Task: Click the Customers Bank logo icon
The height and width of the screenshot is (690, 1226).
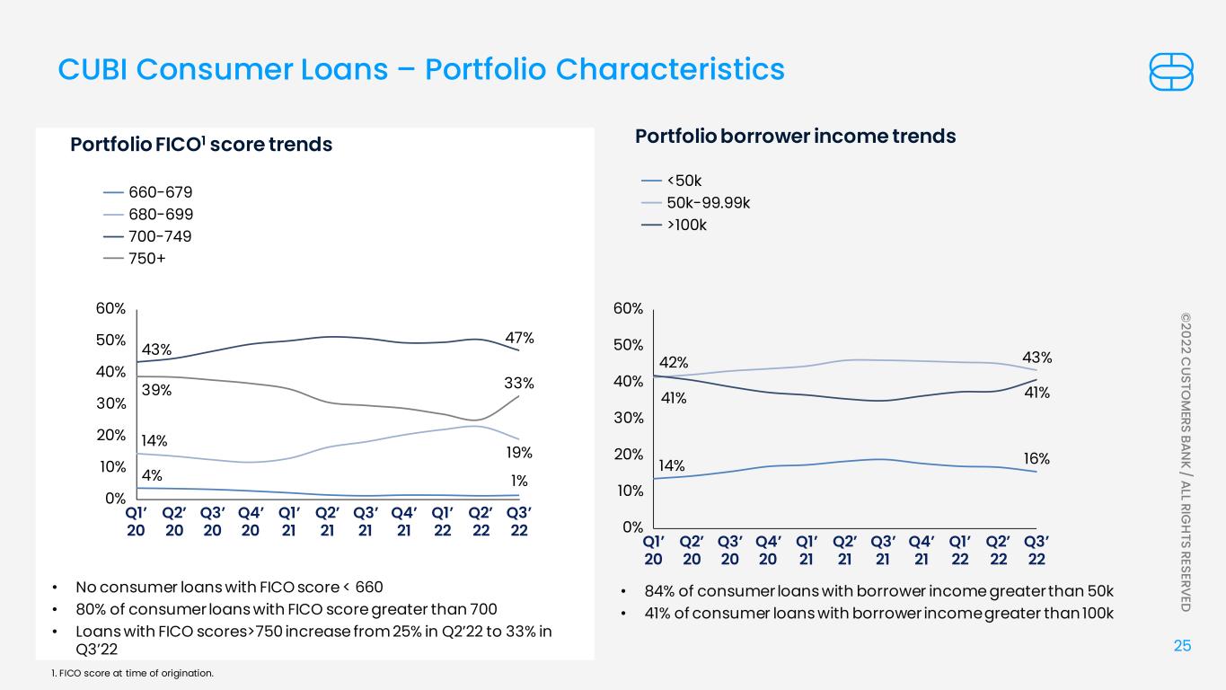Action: [1170, 72]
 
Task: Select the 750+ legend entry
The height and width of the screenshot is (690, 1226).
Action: [135, 259]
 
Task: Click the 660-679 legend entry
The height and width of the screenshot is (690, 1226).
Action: [148, 192]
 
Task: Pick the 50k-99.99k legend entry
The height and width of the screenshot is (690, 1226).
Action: [695, 203]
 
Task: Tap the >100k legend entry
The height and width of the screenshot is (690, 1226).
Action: [674, 226]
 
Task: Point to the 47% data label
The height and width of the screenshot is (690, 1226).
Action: [519, 338]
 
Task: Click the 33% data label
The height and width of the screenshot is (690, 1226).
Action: [519, 383]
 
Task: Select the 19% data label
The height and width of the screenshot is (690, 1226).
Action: [519, 452]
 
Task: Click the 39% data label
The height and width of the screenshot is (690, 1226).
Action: [156, 390]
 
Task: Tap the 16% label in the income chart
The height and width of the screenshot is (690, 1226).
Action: [1036, 458]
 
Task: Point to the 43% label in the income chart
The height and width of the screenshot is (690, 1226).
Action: [1036, 358]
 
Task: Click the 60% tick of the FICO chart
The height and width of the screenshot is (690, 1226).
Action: [110, 308]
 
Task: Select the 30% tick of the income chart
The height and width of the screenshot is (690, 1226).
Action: [628, 418]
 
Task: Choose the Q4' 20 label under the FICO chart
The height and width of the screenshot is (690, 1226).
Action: [251, 521]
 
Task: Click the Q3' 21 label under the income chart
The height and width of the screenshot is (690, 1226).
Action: [883, 551]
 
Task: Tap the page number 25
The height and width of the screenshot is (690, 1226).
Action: [1182, 646]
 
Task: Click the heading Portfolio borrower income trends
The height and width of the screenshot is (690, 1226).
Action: [795, 136]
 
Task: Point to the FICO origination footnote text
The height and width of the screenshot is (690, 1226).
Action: [132, 673]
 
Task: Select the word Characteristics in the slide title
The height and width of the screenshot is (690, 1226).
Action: [670, 69]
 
